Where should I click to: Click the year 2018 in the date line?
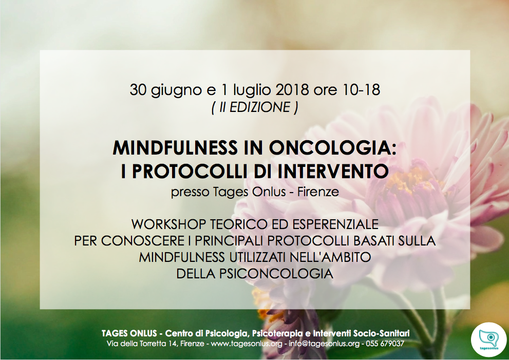(292, 89)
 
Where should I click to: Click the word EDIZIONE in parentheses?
(260, 107)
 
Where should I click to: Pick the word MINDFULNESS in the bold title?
(175, 148)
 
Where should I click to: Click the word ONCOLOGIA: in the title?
(332, 148)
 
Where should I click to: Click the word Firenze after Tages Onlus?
(318, 192)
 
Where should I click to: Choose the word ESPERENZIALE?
(335, 224)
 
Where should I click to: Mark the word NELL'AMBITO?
(330, 257)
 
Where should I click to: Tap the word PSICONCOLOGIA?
(276, 274)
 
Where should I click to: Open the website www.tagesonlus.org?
(247, 344)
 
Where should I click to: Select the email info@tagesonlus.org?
(324, 344)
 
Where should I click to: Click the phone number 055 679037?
(385, 343)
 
